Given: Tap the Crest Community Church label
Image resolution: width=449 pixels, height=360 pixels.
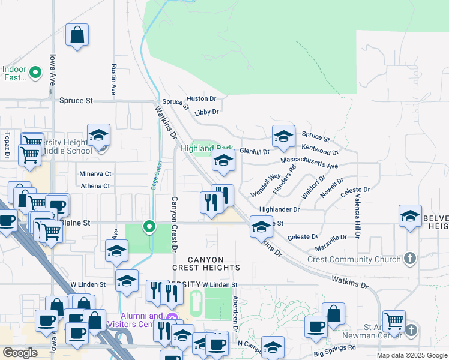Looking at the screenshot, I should tap(354, 259).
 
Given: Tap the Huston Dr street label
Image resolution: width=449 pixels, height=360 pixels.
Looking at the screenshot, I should tap(200, 98).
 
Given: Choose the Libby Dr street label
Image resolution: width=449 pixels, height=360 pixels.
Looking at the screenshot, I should tap(206, 112).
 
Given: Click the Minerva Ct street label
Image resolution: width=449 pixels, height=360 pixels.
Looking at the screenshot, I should tap(95, 174).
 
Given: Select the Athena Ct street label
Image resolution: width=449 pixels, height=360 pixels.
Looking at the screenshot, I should tap(95, 186).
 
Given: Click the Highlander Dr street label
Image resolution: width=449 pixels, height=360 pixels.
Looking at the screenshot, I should tap(279, 209).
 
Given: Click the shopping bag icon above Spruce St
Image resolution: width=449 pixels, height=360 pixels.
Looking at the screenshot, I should tap(77, 36).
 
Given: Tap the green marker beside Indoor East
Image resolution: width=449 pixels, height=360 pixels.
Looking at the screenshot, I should tap(35, 73).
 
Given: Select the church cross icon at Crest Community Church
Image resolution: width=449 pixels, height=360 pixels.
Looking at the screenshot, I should tap(410, 259).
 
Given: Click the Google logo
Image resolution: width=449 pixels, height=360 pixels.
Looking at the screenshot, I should tap(20, 353).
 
